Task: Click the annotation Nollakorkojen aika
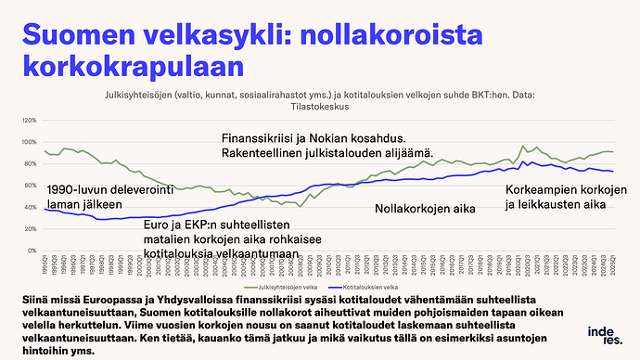tap(425, 209)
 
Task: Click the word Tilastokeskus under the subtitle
tap(319, 108)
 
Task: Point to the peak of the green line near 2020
tap(523, 146)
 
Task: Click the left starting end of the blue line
tap(45, 209)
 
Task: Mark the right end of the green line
tap(613, 151)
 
